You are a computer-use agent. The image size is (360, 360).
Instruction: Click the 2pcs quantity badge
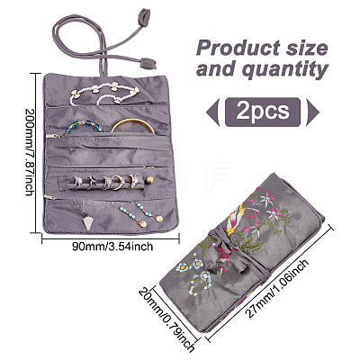pyautogui.click(x=263, y=112)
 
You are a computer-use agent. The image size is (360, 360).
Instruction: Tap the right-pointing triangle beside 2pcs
pyautogui.click(x=312, y=112)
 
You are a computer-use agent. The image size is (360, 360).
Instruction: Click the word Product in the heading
pyautogui.click(x=237, y=49)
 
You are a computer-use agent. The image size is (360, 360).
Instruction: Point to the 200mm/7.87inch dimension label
pyautogui.click(x=30, y=152)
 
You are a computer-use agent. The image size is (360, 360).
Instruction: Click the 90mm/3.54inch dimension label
pyautogui.click(x=112, y=247)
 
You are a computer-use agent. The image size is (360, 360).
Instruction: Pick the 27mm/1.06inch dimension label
pyautogui.click(x=277, y=289)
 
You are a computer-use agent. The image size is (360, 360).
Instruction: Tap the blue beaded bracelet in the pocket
pyautogui.click(x=84, y=127)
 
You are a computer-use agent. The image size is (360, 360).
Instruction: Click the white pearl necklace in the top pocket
pyautogui.click(x=104, y=93)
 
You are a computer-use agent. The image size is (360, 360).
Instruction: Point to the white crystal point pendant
pyautogui.click(x=88, y=221)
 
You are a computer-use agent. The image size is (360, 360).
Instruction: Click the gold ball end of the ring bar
pyautogui.click(x=149, y=180)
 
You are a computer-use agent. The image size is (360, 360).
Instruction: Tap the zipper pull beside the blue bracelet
pyautogui.click(x=53, y=136)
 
